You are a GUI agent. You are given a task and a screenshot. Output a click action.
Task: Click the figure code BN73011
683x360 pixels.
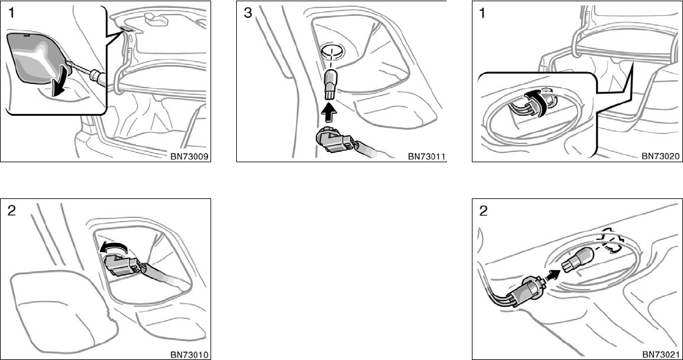click(x=427, y=156)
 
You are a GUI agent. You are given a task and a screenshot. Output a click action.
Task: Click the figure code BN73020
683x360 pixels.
click(x=661, y=156)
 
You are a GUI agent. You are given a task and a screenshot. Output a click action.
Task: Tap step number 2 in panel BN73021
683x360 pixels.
click(x=484, y=211)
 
